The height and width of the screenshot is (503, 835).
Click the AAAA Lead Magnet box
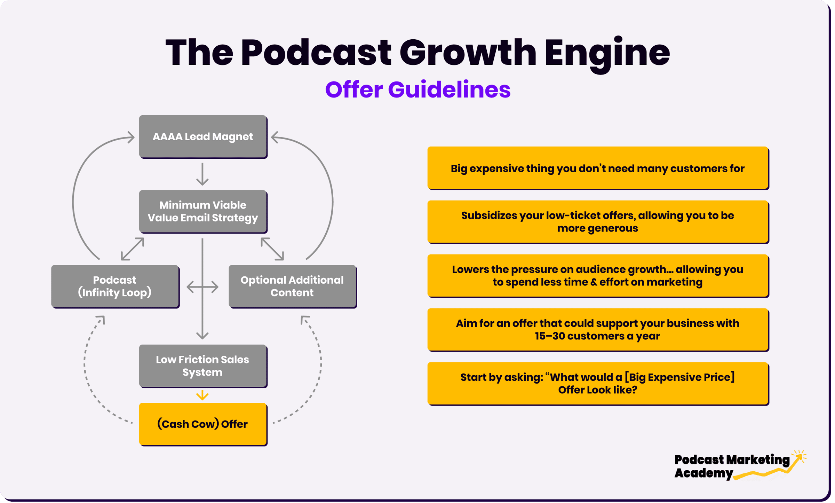point(203,137)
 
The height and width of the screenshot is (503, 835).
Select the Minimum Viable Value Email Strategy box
point(203,212)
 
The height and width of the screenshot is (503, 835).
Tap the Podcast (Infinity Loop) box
point(115,286)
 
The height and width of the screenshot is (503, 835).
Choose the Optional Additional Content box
point(293,286)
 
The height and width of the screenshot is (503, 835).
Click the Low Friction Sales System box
point(203,366)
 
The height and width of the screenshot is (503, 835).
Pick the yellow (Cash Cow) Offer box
point(203,424)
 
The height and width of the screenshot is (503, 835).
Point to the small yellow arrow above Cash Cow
point(202,395)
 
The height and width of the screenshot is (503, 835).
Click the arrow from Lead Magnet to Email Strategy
point(202,174)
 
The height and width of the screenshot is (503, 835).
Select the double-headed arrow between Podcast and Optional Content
point(202,287)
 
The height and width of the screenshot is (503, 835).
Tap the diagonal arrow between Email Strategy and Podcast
point(133,249)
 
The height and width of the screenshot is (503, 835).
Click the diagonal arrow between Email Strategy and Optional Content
point(272,249)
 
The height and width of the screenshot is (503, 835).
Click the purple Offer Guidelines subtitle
point(418,90)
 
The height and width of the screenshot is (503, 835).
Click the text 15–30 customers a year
point(597,336)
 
